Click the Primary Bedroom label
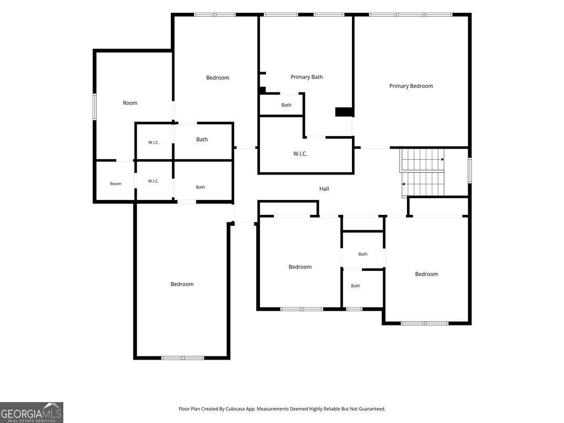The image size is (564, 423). click(x=411, y=86)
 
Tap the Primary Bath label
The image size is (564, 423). click(x=307, y=77)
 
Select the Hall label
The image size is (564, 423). click(x=324, y=188)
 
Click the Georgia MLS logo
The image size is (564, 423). click(x=31, y=413)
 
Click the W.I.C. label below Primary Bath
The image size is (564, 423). click(x=300, y=154)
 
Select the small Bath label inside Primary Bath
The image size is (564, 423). click(x=286, y=105)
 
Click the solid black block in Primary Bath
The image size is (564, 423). click(x=344, y=112)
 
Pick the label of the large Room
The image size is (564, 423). click(x=130, y=103)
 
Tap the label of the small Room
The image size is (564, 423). click(x=116, y=184)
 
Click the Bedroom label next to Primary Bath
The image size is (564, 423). click(x=218, y=78)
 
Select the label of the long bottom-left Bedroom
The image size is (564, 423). click(x=182, y=284)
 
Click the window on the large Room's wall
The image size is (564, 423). click(x=95, y=106)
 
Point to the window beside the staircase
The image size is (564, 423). click(x=470, y=170)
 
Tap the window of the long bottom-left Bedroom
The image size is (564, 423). click(x=183, y=358)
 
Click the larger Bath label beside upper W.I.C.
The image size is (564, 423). click(x=202, y=139)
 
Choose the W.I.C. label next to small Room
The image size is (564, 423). click(x=153, y=181)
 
